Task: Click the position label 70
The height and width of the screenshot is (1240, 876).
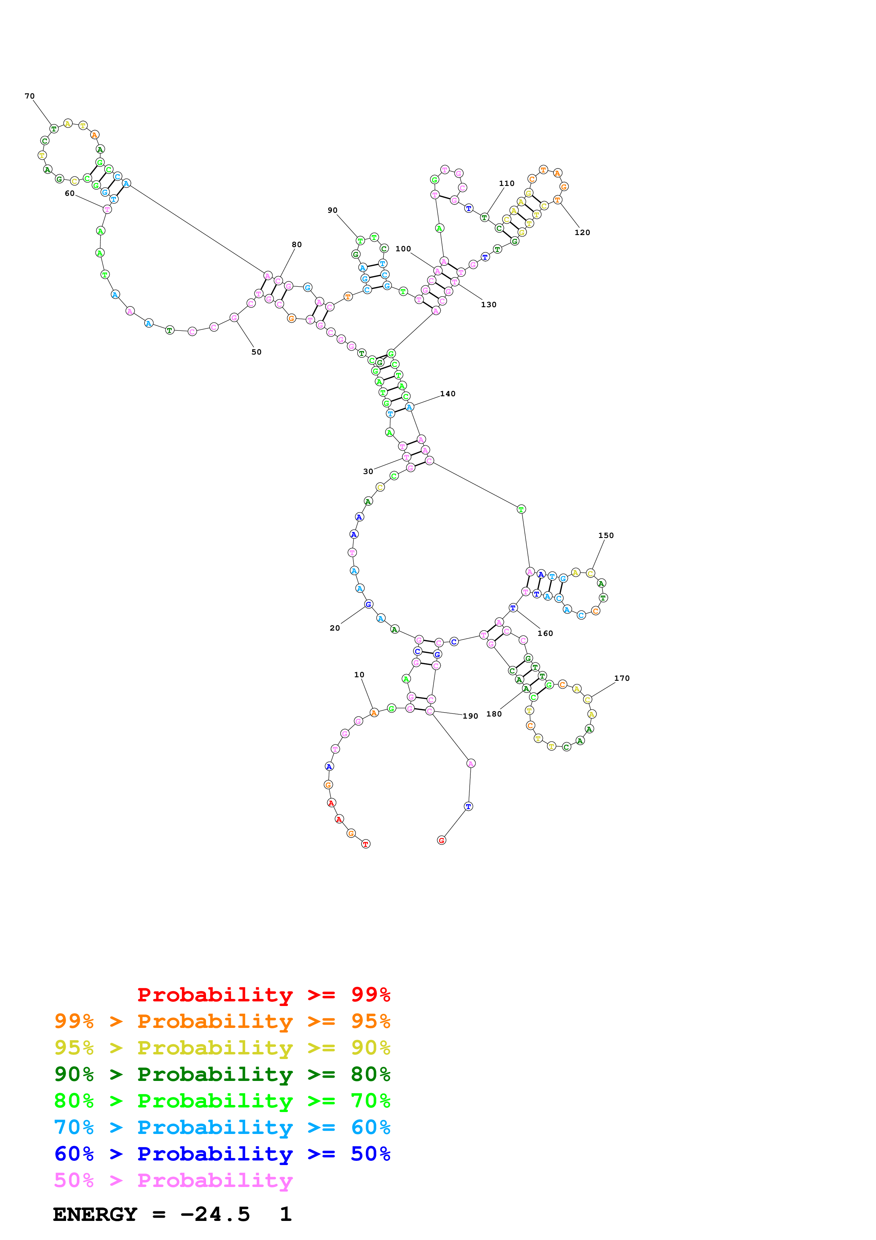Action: [x=30, y=96]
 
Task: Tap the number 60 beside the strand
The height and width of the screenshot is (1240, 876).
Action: [x=70, y=193]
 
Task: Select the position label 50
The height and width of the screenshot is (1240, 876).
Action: [x=257, y=352]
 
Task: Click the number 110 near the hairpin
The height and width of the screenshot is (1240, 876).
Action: [x=506, y=183]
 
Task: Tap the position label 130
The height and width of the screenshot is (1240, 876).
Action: [x=488, y=305]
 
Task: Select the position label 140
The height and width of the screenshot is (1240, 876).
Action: [x=447, y=394]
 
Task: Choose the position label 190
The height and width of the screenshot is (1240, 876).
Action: [x=470, y=716]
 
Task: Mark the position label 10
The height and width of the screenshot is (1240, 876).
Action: [x=359, y=674]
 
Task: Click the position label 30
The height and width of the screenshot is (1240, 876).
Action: [x=368, y=472]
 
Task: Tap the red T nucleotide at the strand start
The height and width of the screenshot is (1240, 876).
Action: [x=366, y=844]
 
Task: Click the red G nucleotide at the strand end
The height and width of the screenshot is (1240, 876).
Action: [x=441, y=840]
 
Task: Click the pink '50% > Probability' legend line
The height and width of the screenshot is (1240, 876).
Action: [x=173, y=1181]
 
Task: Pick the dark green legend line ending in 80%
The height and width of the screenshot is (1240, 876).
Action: [x=222, y=1074]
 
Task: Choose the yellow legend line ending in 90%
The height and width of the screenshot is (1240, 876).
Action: [x=222, y=1048]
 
